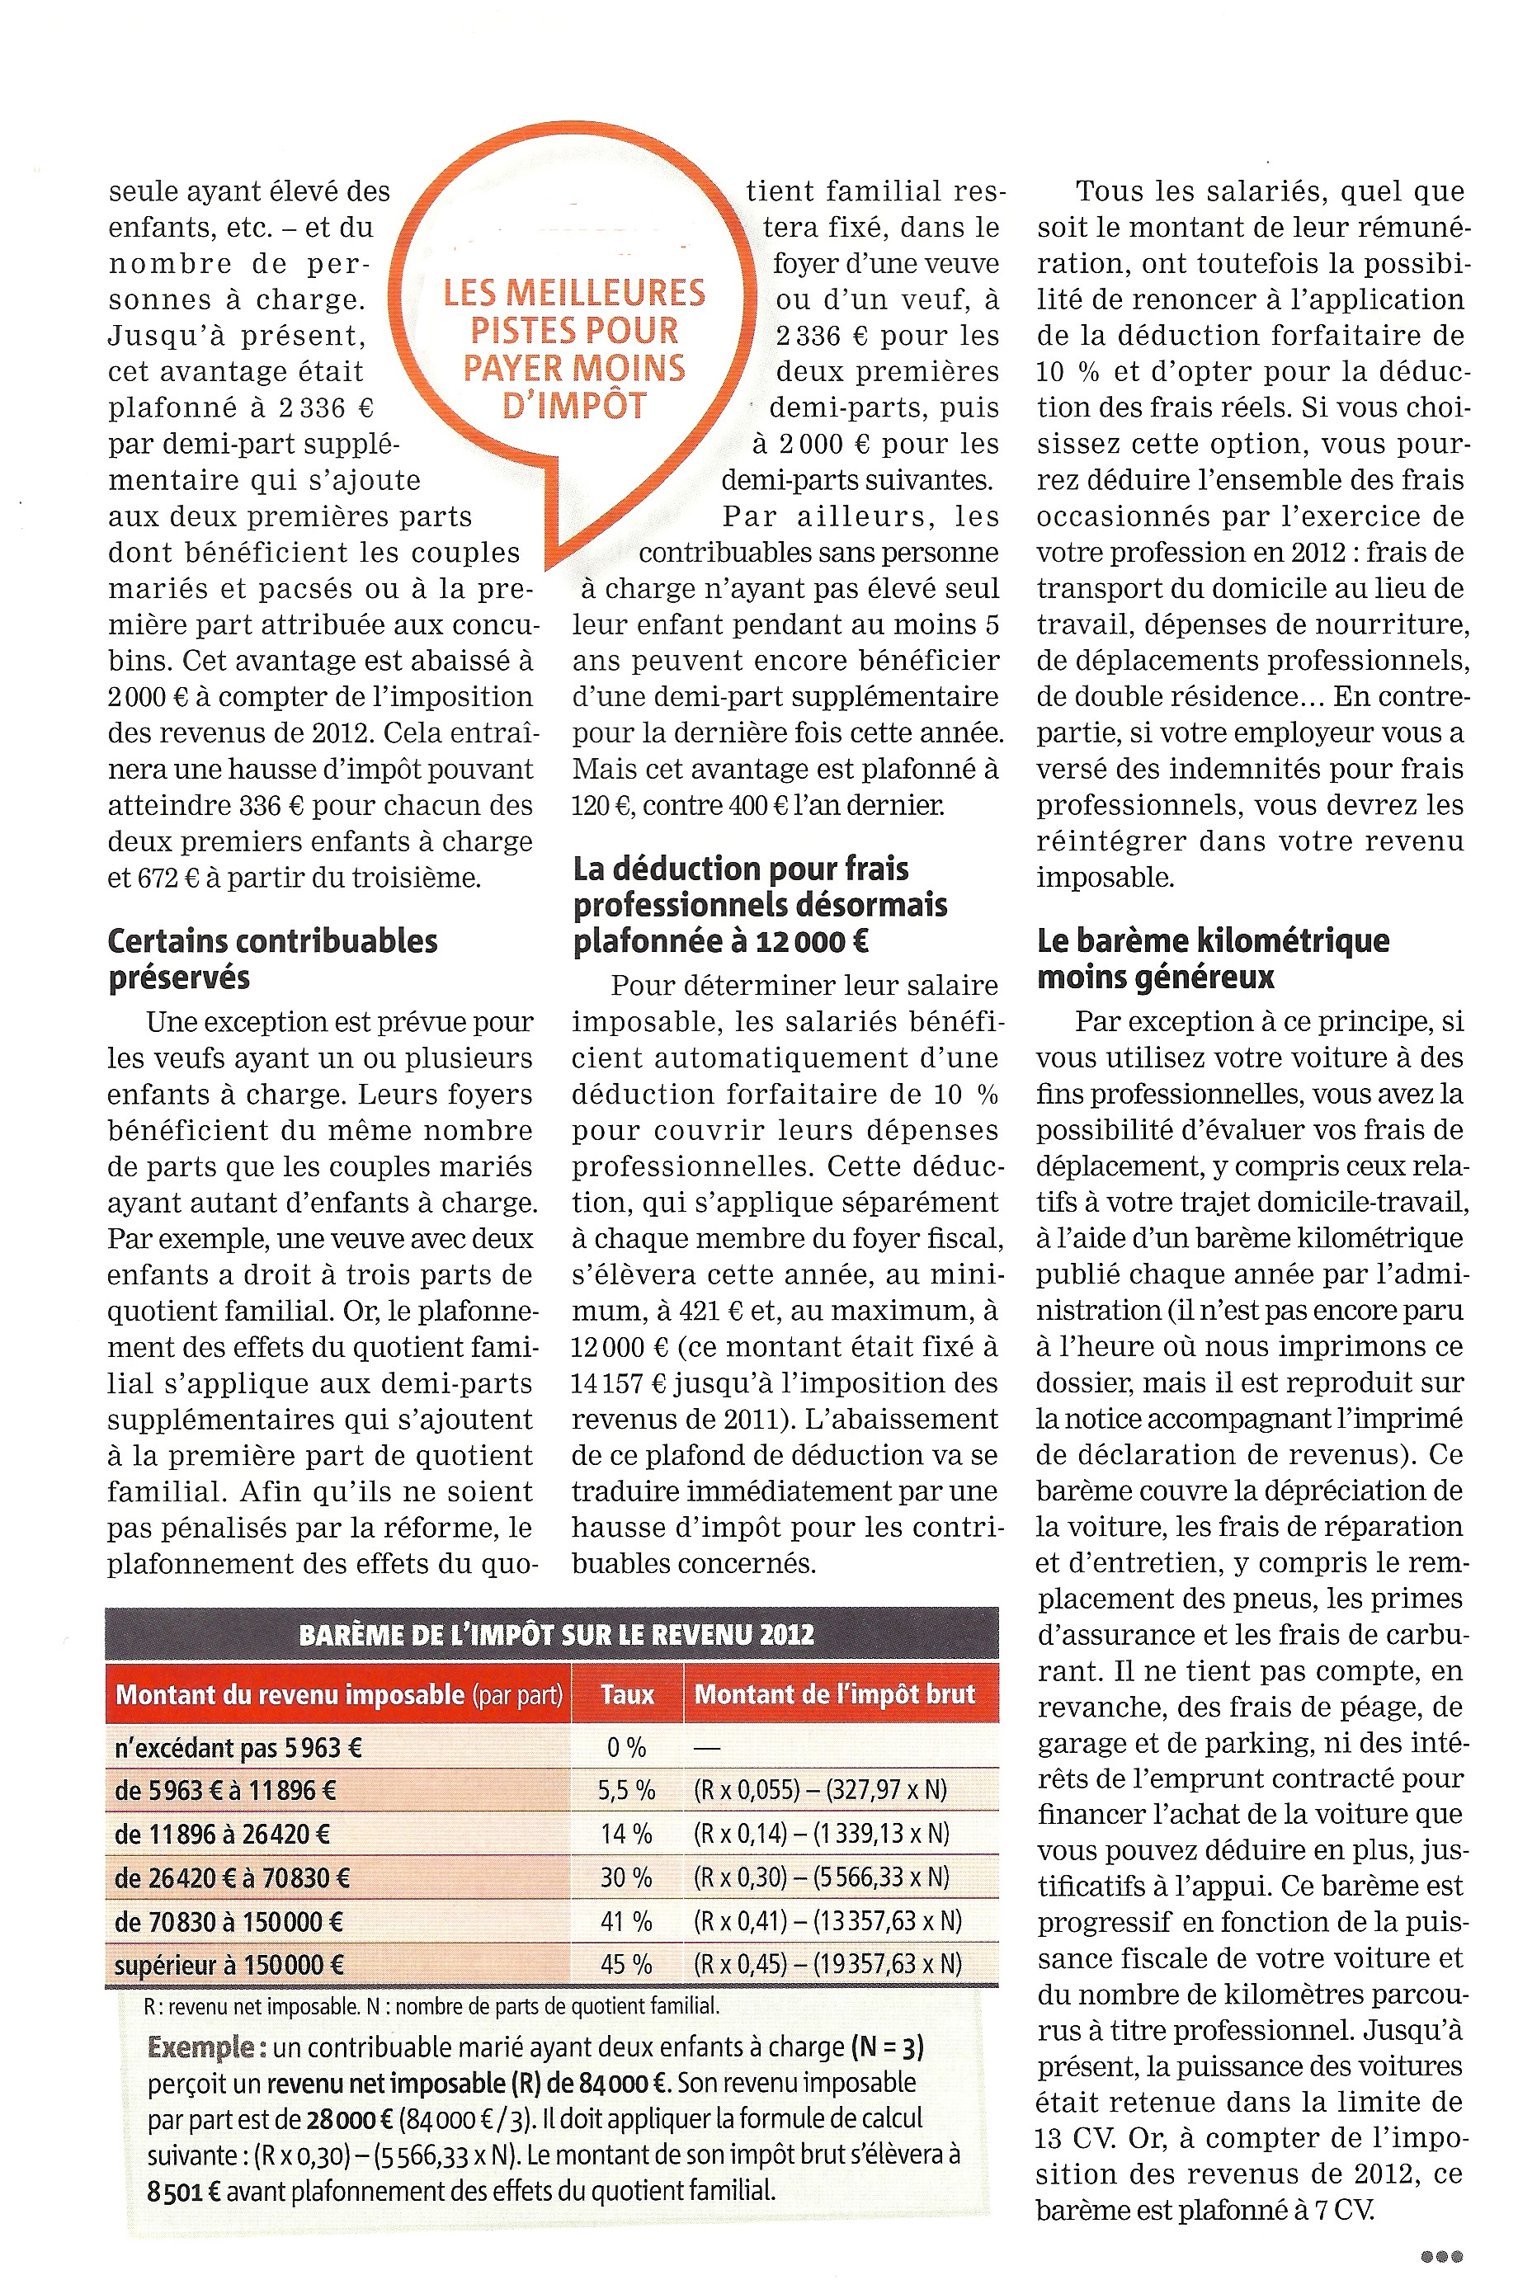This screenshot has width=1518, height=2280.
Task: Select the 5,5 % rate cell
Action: [x=626, y=1790]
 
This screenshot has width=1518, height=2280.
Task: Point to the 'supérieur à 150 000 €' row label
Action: [x=229, y=1966]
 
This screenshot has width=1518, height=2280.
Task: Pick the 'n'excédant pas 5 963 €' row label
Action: [x=238, y=1748]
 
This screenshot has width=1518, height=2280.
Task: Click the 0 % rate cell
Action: [x=626, y=1748]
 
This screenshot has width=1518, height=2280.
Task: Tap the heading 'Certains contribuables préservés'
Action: [x=272, y=958]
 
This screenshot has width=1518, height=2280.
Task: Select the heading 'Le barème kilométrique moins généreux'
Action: [x=1212, y=958]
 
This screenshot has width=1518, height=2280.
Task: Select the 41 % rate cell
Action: [x=626, y=1921]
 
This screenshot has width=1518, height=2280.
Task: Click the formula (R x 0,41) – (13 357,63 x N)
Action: [x=827, y=1921]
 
